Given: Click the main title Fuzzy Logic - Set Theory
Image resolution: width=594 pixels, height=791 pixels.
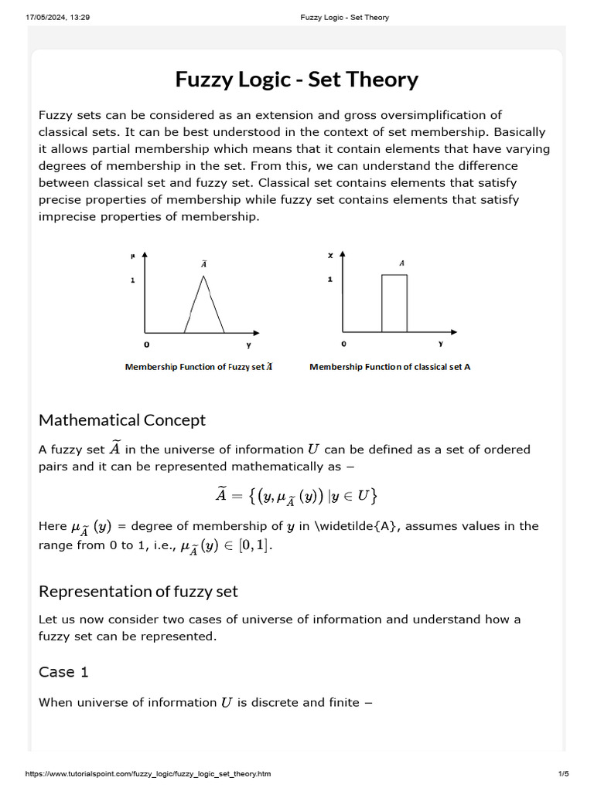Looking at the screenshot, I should pyautogui.click(x=297, y=80).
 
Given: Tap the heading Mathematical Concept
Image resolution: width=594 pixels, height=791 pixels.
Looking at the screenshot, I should pyautogui.click(x=122, y=420).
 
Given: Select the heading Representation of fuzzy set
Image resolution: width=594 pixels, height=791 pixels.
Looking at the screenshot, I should pyautogui.click(x=138, y=592).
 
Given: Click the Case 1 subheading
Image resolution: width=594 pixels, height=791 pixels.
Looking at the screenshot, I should pyautogui.click(x=63, y=672).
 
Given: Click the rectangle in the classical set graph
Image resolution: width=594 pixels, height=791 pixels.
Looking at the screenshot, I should pyautogui.click(x=394, y=304).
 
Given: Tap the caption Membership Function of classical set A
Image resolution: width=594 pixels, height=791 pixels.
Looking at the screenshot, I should pyautogui.click(x=390, y=367).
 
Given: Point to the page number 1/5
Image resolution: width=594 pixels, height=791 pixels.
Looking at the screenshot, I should pyautogui.click(x=563, y=773).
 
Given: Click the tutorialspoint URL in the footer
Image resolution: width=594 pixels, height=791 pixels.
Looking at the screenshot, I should pyautogui.click(x=148, y=773).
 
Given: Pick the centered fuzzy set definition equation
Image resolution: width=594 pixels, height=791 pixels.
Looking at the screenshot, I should pyautogui.click(x=296, y=496).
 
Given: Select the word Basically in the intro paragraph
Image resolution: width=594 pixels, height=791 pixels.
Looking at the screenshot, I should pyautogui.click(x=515, y=132).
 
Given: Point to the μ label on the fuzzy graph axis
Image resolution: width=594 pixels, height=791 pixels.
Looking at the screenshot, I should pyautogui.click(x=132, y=254).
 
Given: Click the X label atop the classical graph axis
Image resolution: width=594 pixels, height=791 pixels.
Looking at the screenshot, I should pyautogui.click(x=330, y=255).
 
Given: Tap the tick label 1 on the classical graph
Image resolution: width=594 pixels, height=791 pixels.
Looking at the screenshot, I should pyautogui.click(x=330, y=279).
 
